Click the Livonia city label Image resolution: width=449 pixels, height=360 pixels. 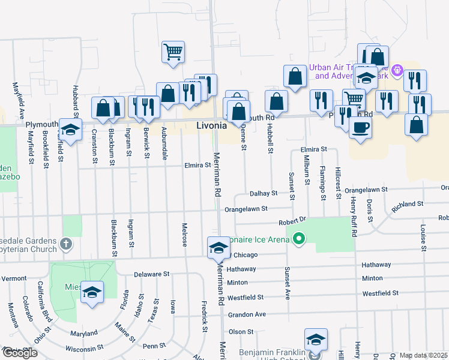pos(212,126)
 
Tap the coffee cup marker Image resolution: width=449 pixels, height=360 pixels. pos(360,128)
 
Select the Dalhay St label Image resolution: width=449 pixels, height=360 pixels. pos(264,193)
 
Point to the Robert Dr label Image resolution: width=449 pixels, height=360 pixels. pos(293,221)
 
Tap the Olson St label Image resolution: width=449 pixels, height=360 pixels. pos(241,332)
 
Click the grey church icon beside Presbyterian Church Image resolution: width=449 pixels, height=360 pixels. pos(66,244)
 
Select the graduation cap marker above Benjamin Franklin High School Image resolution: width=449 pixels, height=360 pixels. pos(316,340)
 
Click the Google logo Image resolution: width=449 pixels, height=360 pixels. pos(19,353)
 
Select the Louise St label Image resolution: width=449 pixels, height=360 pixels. pos(423,238)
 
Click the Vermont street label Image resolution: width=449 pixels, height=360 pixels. pos(14,278)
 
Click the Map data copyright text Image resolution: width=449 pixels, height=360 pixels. pos(424,355)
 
